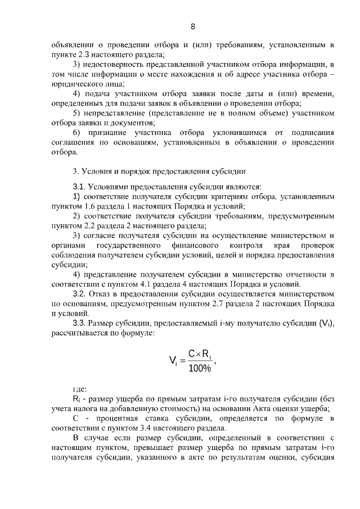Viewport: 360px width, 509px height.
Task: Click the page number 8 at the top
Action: click(x=193, y=26)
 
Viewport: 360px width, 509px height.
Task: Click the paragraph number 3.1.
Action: click(x=79, y=186)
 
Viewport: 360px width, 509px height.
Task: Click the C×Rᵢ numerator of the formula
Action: click(x=200, y=354)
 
